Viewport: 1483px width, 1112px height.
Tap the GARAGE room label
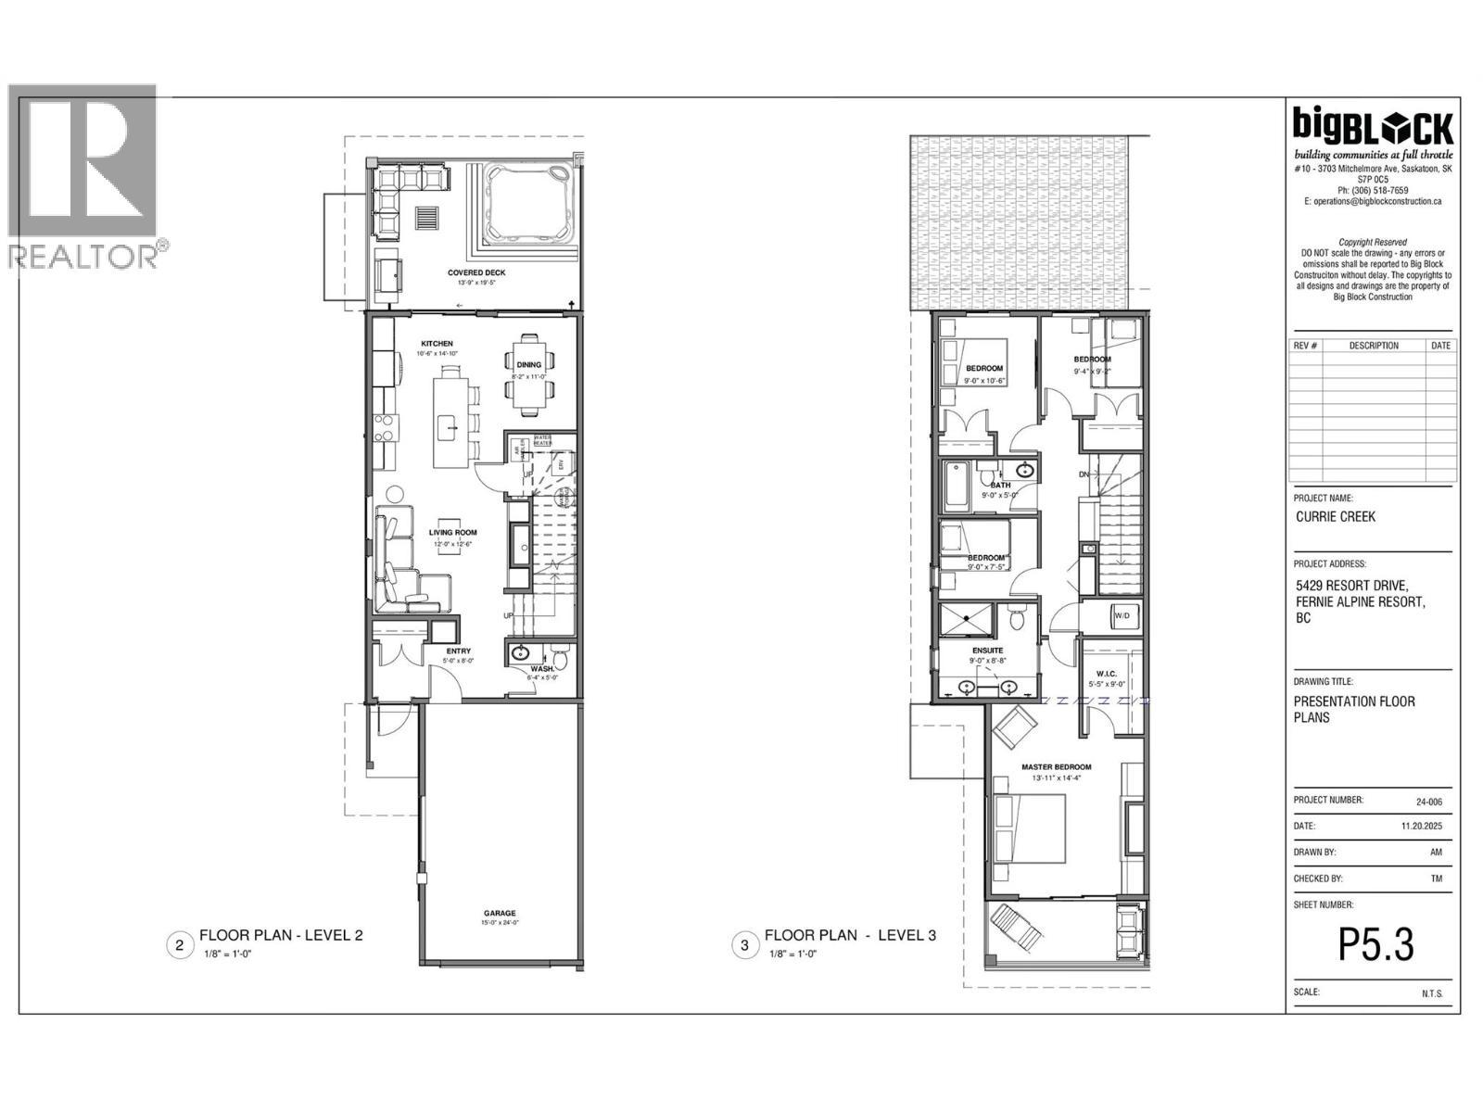(499, 913)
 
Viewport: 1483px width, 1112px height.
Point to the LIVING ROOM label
(452, 533)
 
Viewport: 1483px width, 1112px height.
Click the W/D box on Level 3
(1122, 615)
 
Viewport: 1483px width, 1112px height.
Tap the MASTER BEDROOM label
(1056, 767)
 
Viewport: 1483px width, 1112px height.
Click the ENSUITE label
(987, 651)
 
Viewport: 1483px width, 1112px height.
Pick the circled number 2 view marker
(179, 945)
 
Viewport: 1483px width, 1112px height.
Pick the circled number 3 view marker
(743, 945)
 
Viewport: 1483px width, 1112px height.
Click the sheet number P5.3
(1375, 945)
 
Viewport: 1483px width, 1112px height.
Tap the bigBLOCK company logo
(1374, 125)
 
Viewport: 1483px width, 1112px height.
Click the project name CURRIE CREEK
(1335, 517)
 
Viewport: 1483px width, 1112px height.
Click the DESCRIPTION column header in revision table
(1374, 346)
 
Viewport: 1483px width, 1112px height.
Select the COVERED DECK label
(476, 272)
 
